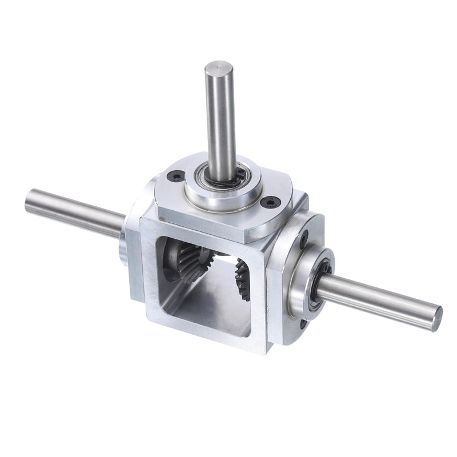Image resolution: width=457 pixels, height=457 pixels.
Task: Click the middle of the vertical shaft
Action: click(x=220, y=120)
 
